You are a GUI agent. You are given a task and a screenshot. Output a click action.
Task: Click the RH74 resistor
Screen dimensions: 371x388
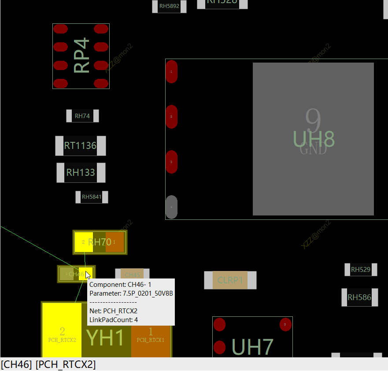click(82, 116)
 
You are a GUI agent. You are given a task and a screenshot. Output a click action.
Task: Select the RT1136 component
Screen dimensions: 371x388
click(80, 146)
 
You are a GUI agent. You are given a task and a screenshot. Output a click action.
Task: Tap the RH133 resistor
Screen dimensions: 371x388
click(81, 172)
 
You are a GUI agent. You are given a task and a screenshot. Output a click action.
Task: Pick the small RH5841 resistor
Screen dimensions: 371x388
click(92, 197)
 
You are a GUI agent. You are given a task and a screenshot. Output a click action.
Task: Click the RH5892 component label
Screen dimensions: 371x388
click(169, 6)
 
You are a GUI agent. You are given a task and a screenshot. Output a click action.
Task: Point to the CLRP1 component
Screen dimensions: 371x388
click(230, 280)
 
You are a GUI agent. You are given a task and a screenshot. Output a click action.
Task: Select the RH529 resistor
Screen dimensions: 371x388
click(361, 270)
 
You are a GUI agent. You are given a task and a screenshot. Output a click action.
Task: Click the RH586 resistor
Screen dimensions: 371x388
click(359, 297)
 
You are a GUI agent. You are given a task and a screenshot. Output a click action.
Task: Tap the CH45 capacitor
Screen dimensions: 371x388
click(132, 275)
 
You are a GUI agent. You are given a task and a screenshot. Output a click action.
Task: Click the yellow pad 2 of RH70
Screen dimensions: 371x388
click(83, 242)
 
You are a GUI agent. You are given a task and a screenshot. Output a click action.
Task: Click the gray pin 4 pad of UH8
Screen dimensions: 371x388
click(171, 207)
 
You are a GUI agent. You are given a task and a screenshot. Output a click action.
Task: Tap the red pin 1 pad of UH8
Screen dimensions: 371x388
click(171, 71)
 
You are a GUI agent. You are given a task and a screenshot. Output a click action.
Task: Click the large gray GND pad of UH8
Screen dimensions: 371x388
click(313, 139)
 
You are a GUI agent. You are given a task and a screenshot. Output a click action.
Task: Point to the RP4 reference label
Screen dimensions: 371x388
click(82, 56)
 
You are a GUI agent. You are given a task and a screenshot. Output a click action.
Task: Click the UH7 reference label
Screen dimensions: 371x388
click(252, 347)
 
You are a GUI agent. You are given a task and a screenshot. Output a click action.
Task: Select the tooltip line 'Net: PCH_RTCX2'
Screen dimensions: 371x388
click(113, 311)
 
